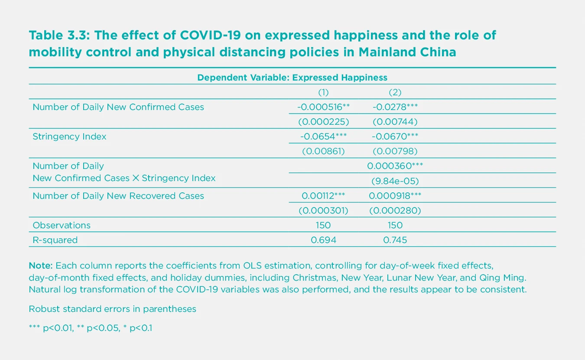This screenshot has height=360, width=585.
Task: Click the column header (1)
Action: pyautogui.click(x=323, y=92)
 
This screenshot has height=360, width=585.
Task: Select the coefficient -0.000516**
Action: pyautogui.click(x=323, y=107)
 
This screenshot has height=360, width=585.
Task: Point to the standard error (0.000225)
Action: pyautogui.click(x=323, y=122)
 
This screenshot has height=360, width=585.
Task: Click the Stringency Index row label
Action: pyautogui.click(x=69, y=136)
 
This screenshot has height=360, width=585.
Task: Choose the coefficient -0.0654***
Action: pyautogui.click(x=323, y=136)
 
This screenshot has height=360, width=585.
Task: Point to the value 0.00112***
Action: pyautogui.click(x=323, y=196)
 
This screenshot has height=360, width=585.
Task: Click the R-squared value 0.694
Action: pyautogui.click(x=323, y=240)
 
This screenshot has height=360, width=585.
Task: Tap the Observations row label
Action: pyautogui.click(x=62, y=225)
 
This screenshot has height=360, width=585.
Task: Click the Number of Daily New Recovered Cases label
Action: pyautogui.click(x=118, y=196)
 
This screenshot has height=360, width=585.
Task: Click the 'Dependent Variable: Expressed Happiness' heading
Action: pyautogui.click(x=292, y=78)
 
